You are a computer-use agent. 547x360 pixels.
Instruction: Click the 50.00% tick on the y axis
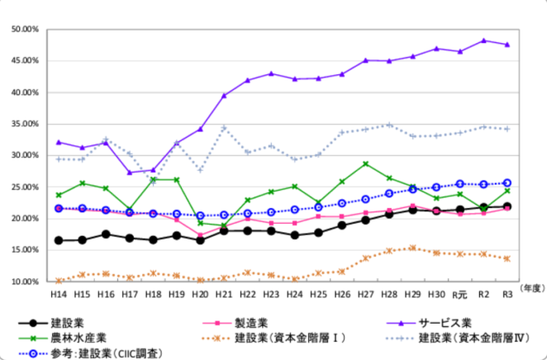click(x=26, y=29)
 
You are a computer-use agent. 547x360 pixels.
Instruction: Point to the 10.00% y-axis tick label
click(x=26, y=282)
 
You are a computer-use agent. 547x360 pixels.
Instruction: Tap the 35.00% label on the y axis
click(x=26, y=124)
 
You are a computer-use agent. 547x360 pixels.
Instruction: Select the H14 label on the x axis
click(x=58, y=294)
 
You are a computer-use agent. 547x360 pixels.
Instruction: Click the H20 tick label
click(x=200, y=294)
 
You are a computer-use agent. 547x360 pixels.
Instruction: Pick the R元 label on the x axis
click(x=460, y=294)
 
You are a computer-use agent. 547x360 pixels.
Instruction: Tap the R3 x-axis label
click(x=507, y=294)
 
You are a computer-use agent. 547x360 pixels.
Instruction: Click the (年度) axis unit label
click(x=530, y=287)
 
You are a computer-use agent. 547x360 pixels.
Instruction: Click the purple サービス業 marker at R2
click(x=484, y=40)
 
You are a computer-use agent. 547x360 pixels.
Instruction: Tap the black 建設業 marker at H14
click(x=58, y=240)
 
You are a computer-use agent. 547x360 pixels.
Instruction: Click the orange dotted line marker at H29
click(x=413, y=248)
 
